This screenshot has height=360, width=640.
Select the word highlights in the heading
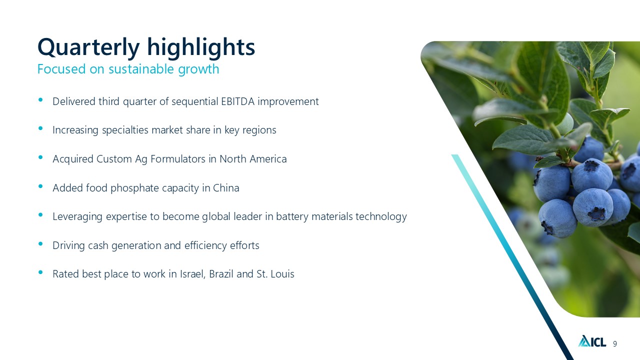pyautogui.click(x=201, y=47)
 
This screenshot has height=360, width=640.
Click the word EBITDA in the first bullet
pyautogui.click(x=237, y=101)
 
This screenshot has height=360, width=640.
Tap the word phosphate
pyautogui.click(x=134, y=188)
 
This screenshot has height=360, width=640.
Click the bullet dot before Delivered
pyautogui.click(x=40, y=99)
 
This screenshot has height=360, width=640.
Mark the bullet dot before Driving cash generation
pyautogui.click(x=40, y=243)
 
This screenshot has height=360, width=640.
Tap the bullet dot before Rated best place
pyautogui.click(x=40, y=272)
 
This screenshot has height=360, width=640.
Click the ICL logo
pyautogui.click(x=592, y=341)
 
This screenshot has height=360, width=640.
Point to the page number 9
pyautogui.click(x=615, y=343)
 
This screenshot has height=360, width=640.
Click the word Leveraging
pyautogui.click(x=77, y=217)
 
